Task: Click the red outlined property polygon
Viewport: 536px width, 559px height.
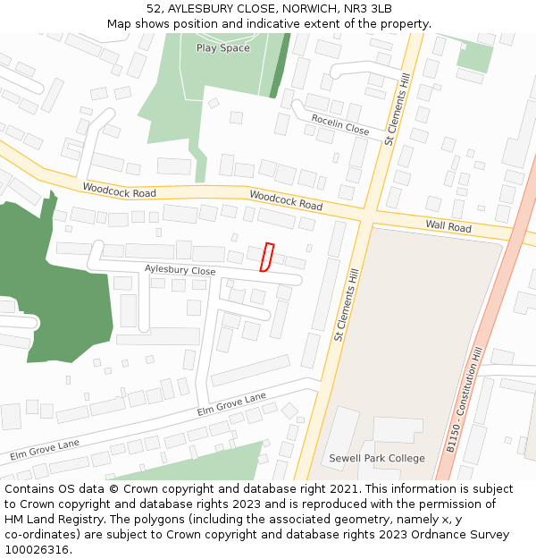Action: click(x=266, y=257)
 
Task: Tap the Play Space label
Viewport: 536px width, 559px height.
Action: click(x=222, y=48)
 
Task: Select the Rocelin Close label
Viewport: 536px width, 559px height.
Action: click(x=340, y=124)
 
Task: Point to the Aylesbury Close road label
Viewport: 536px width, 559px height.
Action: click(x=180, y=269)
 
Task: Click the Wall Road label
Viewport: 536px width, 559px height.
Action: click(x=448, y=227)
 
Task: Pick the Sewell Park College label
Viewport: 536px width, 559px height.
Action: click(x=376, y=458)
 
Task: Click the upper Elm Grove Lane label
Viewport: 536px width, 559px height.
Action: click(x=231, y=404)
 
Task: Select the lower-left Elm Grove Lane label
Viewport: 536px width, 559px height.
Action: click(x=45, y=449)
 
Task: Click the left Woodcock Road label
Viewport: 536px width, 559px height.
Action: click(x=119, y=191)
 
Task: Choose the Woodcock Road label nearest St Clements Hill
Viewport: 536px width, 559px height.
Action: click(x=286, y=200)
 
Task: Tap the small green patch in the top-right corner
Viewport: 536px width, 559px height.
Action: click(x=474, y=56)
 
